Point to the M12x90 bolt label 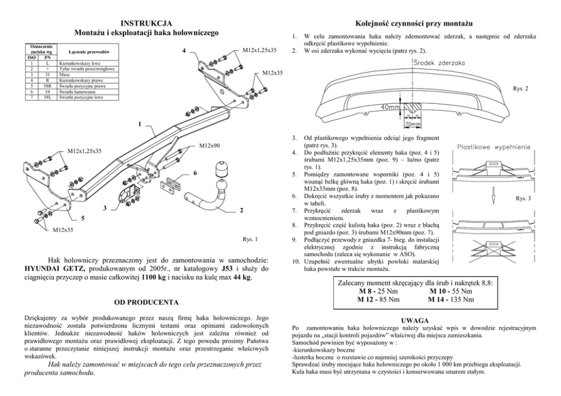click(x=209, y=146)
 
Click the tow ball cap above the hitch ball click(x=220, y=171)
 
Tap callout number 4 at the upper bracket click(x=184, y=51)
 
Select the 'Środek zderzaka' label click(x=435, y=64)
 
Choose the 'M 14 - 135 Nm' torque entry click(x=452, y=299)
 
